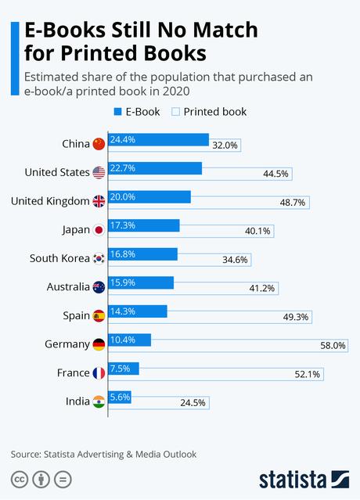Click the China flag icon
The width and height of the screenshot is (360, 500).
(x=98, y=143)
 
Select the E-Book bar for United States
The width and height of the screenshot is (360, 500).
(x=155, y=168)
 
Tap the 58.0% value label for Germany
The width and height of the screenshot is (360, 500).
(x=333, y=345)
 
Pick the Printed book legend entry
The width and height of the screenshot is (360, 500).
(x=208, y=111)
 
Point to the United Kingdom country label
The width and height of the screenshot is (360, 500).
(x=50, y=201)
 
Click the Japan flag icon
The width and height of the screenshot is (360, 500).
(x=98, y=230)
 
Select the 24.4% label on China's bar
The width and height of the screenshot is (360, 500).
(x=123, y=139)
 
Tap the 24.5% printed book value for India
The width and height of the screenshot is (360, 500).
(x=192, y=403)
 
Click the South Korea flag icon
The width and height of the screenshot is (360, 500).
(x=98, y=259)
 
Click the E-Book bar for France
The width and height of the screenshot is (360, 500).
(x=124, y=369)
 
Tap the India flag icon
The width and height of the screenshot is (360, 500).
(x=98, y=402)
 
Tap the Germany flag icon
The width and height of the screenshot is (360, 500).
(x=98, y=345)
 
